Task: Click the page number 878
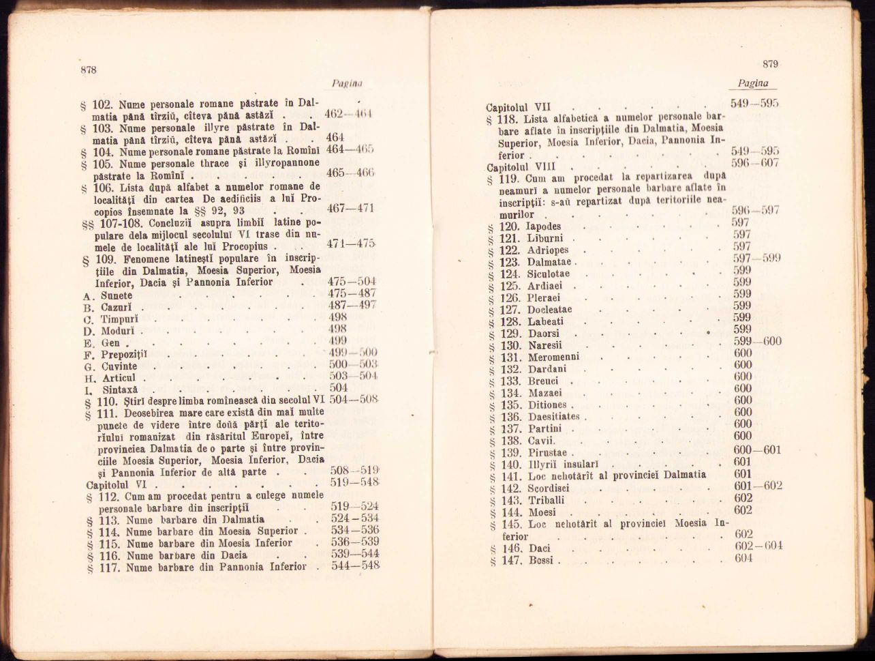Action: [x=89, y=70]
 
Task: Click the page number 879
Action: [x=770, y=64]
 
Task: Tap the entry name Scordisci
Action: [x=549, y=488]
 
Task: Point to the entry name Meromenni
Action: [x=553, y=357]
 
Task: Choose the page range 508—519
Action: [x=354, y=471]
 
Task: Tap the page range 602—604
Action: [x=758, y=546]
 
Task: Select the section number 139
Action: [x=510, y=452]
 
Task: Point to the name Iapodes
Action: [x=544, y=226]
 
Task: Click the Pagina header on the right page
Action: [x=753, y=83]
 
